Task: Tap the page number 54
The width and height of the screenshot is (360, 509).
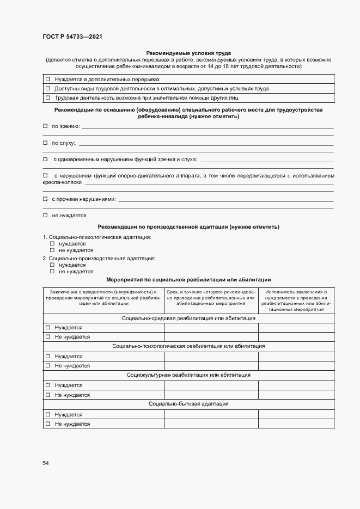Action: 46,463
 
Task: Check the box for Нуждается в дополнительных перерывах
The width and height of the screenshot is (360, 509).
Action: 48,79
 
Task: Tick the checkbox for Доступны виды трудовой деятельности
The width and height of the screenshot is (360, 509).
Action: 48,88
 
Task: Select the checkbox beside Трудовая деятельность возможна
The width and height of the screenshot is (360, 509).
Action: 48,98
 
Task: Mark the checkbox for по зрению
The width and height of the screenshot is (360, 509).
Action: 45,126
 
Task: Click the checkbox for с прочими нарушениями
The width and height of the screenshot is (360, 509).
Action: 45,199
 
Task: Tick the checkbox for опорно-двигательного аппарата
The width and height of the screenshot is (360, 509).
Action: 45,176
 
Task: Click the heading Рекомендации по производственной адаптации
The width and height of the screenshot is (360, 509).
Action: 188,226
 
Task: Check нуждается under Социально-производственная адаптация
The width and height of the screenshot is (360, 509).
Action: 52,265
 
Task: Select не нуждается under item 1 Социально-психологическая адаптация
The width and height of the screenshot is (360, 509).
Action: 52,250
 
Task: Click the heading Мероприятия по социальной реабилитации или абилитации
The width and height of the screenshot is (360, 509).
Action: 188,279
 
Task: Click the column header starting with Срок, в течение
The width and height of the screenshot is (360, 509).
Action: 211,298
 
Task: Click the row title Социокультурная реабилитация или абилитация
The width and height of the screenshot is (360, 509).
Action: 188,375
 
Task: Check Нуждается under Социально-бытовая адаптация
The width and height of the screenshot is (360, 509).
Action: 48,414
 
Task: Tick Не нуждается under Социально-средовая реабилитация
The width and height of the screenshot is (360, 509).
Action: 48,337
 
